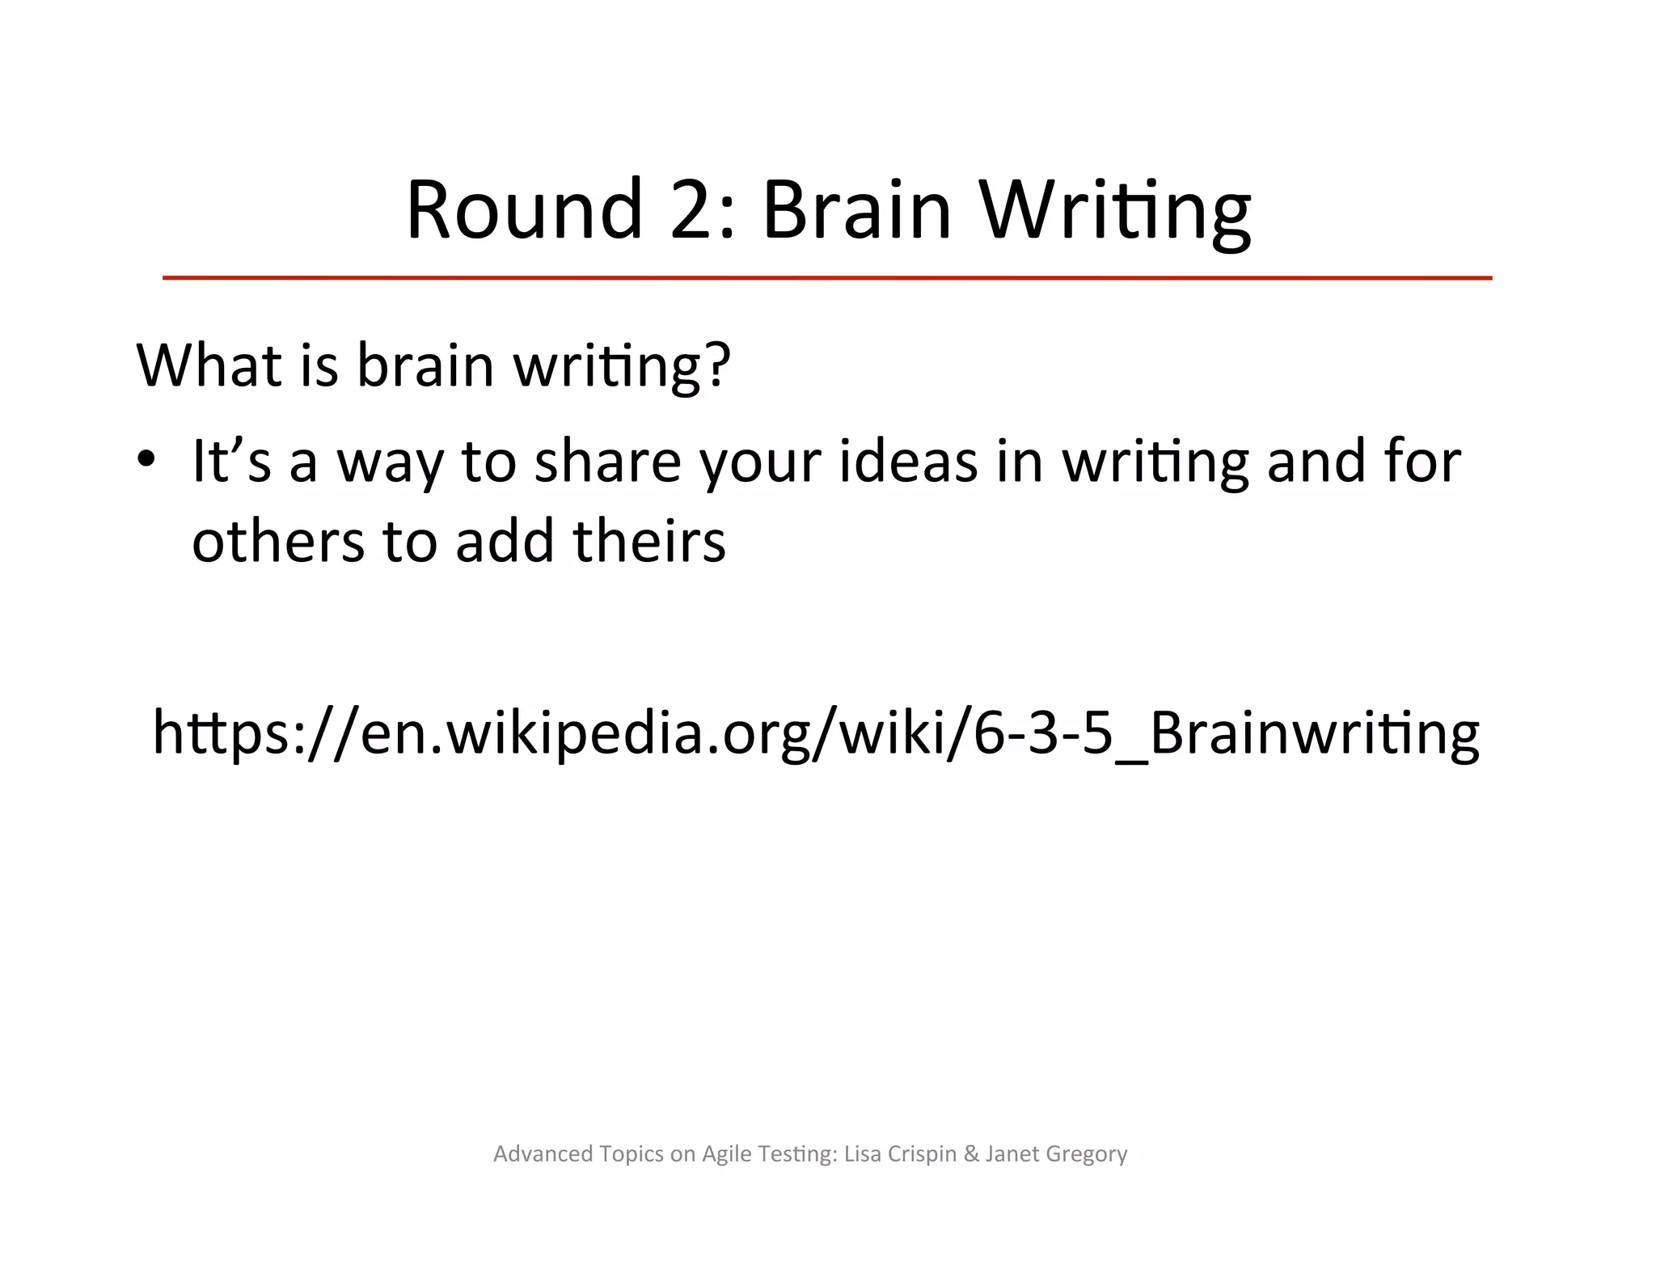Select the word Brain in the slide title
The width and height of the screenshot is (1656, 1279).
tap(856, 209)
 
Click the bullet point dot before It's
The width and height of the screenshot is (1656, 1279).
tap(146, 459)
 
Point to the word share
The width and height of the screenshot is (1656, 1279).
tap(608, 461)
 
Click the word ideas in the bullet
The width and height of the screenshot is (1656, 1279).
tap(908, 461)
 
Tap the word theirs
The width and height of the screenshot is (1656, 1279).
tap(649, 541)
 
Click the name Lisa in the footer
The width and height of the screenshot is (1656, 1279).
tap(862, 1154)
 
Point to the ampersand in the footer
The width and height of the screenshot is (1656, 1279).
tap(971, 1154)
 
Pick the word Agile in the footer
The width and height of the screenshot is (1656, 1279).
tap(727, 1154)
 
